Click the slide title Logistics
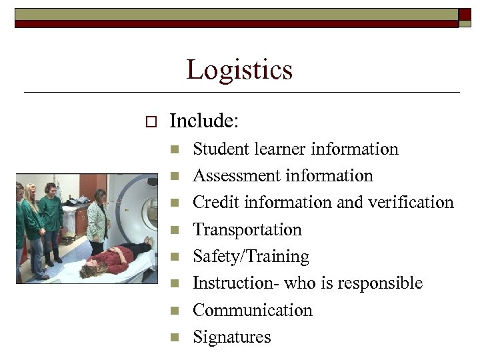click(x=239, y=69)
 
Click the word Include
click(x=203, y=121)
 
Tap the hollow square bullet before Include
click(x=149, y=122)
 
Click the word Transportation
click(x=247, y=230)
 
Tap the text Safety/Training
click(x=251, y=257)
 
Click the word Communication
click(x=252, y=310)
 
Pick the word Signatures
click(x=232, y=337)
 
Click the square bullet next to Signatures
click(x=175, y=337)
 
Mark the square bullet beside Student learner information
click(x=175, y=149)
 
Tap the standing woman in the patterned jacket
click(x=99, y=220)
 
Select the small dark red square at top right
click(x=465, y=15)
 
